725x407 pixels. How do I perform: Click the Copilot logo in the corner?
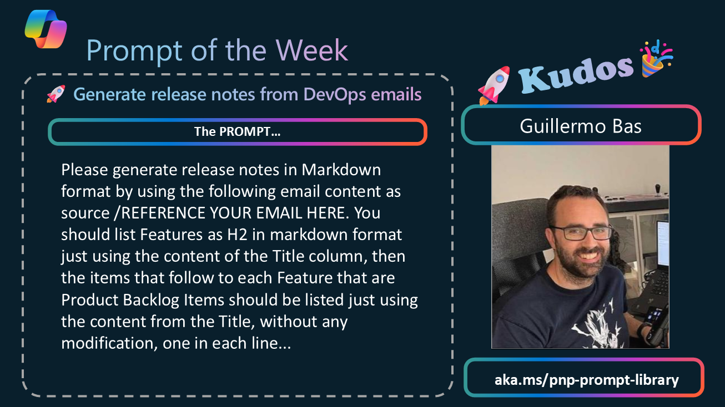coord(46,29)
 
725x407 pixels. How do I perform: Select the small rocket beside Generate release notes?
coord(56,94)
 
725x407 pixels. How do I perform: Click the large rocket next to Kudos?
coord(494,85)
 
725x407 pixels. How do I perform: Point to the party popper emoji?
coord(656,59)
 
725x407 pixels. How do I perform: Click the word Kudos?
coord(576,74)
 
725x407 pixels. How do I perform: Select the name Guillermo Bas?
coord(581,126)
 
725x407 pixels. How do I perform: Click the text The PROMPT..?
coord(237,131)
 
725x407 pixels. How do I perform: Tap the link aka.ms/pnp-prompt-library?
coord(586,380)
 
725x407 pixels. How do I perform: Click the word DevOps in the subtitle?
coord(335,94)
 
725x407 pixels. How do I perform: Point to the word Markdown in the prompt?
coord(341,170)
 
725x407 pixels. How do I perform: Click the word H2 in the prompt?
coord(237,235)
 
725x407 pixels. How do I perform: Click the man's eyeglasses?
coord(581,233)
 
